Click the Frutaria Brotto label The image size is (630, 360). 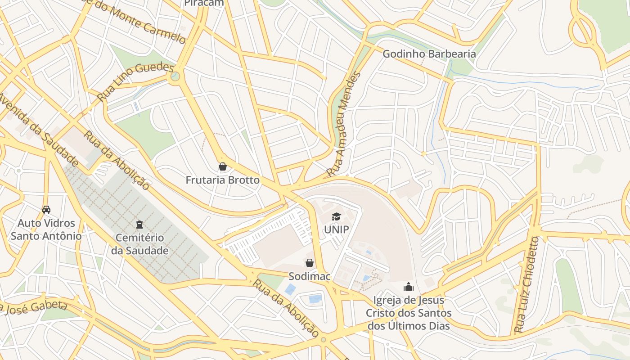click(223, 180)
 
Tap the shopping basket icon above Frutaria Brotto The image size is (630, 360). click(222, 166)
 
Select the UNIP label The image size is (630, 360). click(337, 229)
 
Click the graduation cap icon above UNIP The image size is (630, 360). click(337, 217)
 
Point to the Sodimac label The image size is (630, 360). click(310, 276)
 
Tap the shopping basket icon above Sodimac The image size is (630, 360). click(310, 263)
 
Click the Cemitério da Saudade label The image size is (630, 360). click(140, 244)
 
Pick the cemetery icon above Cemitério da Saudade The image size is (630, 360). click(139, 224)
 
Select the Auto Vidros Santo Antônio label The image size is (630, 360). click(46, 229)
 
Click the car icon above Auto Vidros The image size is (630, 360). click(46, 209)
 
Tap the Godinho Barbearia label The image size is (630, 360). click(429, 54)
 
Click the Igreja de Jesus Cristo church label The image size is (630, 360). click(409, 313)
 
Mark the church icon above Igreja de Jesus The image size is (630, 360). click(409, 287)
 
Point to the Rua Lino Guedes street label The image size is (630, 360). click(135, 81)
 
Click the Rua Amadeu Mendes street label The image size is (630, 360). click(344, 124)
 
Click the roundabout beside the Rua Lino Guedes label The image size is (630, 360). click(175, 76)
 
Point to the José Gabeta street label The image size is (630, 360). click(34, 308)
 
